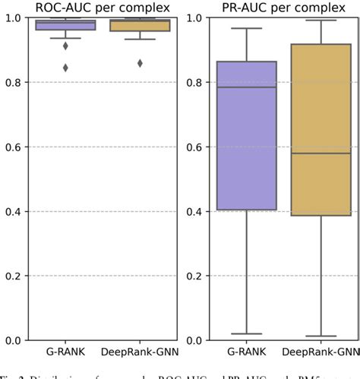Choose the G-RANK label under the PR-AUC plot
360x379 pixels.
tap(246, 352)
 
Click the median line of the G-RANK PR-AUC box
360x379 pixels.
tap(246, 87)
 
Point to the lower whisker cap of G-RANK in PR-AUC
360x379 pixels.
tap(246, 333)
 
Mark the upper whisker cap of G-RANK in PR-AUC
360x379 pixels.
tap(246, 29)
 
